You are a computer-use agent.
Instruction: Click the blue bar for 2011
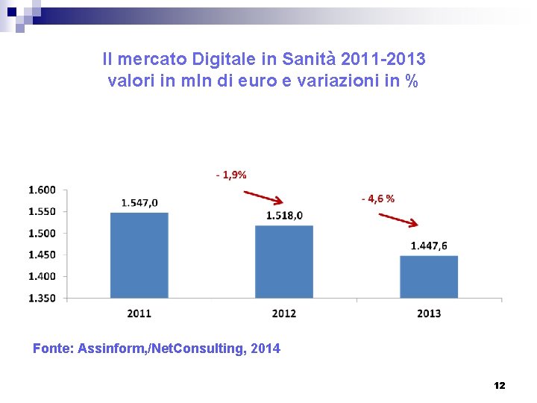tap(139, 255)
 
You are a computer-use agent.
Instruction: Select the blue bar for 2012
tap(284, 261)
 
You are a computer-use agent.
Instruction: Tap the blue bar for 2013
tap(429, 277)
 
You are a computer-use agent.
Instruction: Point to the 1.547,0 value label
tap(139, 202)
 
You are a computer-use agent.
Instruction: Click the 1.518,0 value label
tap(284, 216)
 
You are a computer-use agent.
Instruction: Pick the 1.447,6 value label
tap(429, 246)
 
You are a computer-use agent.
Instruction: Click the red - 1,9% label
tap(231, 175)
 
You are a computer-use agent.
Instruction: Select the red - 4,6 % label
tap(378, 199)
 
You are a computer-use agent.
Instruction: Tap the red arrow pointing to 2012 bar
tap(263, 196)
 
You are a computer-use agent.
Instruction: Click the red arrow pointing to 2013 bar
tap(399, 219)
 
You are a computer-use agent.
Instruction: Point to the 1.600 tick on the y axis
tap(42, 190)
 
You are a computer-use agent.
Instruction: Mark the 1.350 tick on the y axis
tap(42, 298)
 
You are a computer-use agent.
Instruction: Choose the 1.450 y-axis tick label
tap(42, 254)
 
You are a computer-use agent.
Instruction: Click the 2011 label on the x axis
tap(139, 313)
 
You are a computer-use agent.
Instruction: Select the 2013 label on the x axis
tap(429, 313)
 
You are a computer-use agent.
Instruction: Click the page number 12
tap(500, 385)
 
